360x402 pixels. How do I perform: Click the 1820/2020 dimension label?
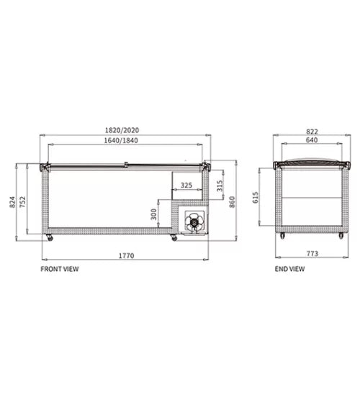(x=122, y=130)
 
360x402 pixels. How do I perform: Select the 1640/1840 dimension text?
(x=121, y=140)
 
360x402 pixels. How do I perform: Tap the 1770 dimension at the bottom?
(x=126, y=255)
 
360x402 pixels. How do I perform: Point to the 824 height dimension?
(x=12, y=202)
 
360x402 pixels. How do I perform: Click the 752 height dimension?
(x=22, y=202)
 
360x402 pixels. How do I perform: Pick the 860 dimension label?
(x=232, y=202)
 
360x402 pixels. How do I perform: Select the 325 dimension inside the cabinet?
(x=186, y=185)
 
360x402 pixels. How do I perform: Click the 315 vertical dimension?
(x=220, y=186)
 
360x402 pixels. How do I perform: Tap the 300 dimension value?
(x=153, y=214)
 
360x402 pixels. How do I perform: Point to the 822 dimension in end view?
(x=312, y=132)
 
